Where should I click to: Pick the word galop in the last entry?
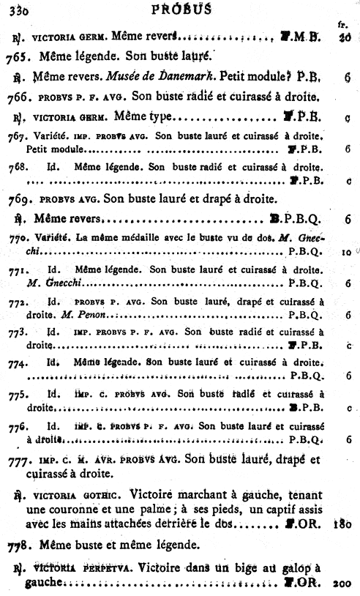click(293, 567)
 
